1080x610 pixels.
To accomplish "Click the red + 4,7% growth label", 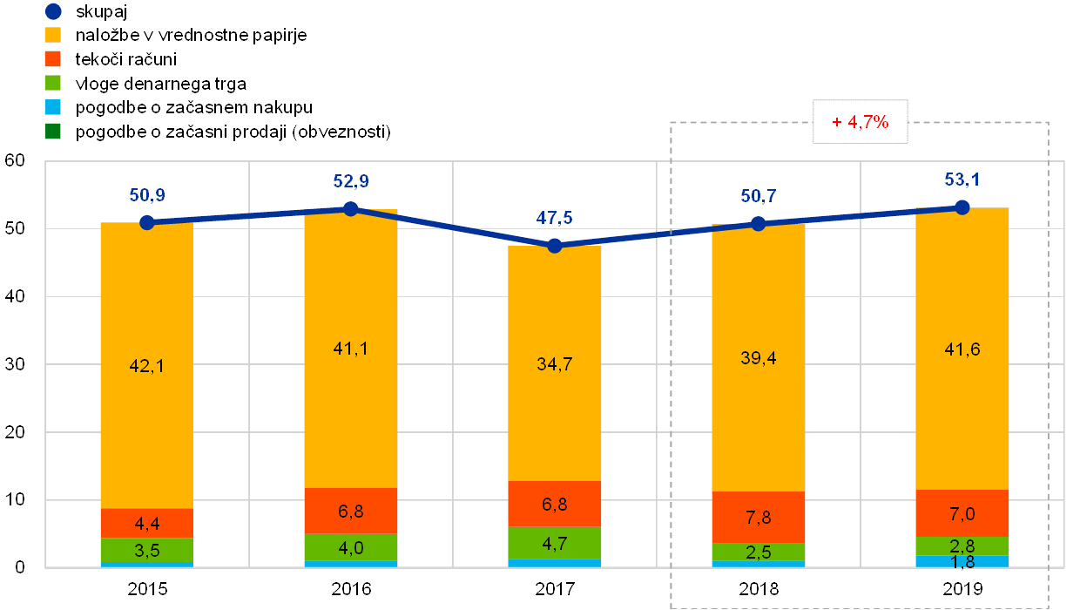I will pos(860,123).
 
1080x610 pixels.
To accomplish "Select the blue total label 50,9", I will pos(146,195).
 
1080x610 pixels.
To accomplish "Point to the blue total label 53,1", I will pos(962,180).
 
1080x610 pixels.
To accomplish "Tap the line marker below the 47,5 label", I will pos(555,246).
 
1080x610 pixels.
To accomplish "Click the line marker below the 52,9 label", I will pos(350,208).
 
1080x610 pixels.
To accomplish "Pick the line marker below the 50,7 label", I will pos(758,224).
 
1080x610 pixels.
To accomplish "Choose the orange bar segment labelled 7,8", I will pos(758,517).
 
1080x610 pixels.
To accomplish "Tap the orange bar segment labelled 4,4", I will pos(146,523).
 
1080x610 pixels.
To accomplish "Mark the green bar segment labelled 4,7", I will pos(555,543).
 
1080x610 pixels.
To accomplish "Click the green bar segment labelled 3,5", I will pos(146,550).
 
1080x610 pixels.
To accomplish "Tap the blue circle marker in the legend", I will pos(53,11).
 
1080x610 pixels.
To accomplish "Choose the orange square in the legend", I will pos(53,59).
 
